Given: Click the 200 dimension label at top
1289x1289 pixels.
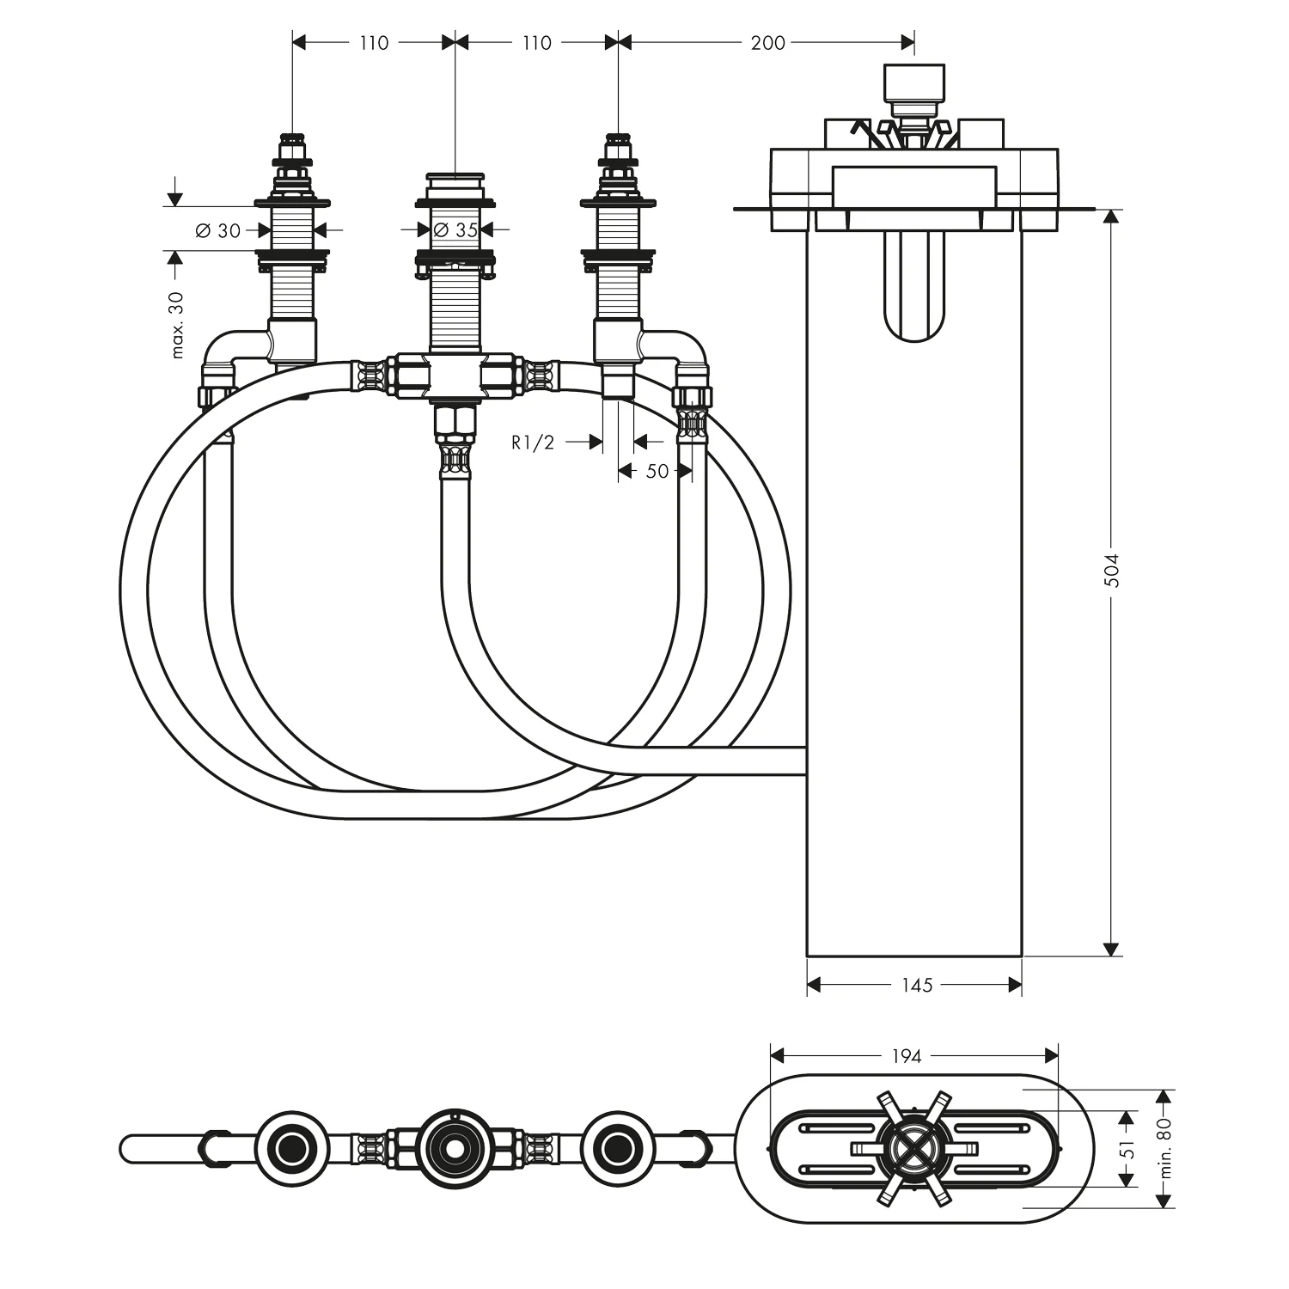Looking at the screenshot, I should [x=767, y=42].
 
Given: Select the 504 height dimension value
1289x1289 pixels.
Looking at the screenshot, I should [x=1112, y=569].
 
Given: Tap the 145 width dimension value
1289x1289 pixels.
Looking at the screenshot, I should [x=917, y=985].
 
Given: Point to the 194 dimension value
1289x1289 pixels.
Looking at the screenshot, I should [x=906, y=1055].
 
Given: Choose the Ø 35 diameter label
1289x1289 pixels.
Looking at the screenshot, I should [x=455, y=230].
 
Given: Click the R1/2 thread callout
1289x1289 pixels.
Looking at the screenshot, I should [x=533, y=443].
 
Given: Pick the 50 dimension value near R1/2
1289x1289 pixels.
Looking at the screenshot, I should [x=657, y=471].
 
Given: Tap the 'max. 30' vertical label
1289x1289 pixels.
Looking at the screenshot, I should [x=178, y=325].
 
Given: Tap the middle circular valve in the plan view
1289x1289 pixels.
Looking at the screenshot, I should [x=451, y=1147].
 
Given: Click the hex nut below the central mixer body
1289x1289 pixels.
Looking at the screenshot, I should [x=453, y=420].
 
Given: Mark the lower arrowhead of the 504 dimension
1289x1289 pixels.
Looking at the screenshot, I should [x=1111, y=948].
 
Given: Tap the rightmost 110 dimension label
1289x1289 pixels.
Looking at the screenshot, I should [x=536, y=42].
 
